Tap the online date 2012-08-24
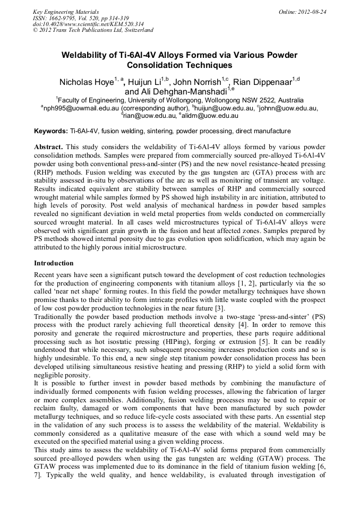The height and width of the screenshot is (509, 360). click(310, 11)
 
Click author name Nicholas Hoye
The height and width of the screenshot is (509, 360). click(85, 82)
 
